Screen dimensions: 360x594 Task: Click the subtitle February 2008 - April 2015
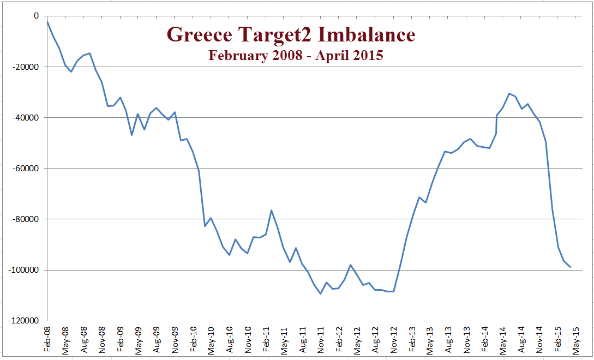296,55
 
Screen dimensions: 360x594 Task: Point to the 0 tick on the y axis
36,16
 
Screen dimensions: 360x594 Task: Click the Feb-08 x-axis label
47,338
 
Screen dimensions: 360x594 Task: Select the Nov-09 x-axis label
175,338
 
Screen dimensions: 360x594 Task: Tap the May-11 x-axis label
284,338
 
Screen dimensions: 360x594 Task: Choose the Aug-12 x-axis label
375,338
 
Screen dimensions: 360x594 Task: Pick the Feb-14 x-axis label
485,338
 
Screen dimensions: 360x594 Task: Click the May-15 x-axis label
576,338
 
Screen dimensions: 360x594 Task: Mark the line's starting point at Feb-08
47,21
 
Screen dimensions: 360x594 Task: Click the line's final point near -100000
570,267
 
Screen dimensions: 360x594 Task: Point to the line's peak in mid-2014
509,94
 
